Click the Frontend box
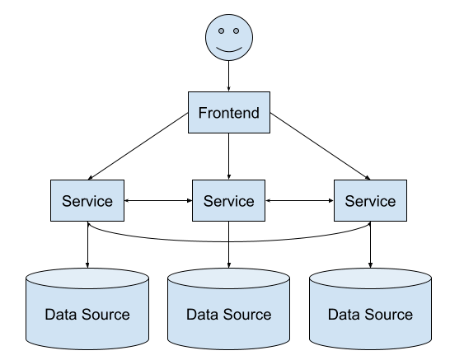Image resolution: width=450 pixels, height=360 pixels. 229,112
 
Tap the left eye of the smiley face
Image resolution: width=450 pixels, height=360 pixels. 221,30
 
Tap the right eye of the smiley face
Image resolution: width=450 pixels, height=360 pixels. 237,30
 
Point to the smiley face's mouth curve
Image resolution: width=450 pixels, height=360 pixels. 229,51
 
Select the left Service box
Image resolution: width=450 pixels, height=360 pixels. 87,200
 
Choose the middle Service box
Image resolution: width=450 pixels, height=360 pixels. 229,200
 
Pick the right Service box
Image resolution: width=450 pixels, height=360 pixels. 370,200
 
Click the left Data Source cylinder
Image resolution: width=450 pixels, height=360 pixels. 87,309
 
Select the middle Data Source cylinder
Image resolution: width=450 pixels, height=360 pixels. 229,309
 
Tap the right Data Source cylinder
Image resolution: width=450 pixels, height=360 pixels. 370,309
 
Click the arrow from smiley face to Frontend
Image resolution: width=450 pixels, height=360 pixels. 229,76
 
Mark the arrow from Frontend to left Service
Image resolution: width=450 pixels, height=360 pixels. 138,147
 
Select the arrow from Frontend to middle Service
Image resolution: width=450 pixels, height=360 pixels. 229,157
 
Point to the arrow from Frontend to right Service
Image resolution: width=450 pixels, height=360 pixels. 321,147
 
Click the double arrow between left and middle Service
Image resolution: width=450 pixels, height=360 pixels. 158,200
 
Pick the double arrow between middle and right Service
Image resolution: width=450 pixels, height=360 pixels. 299,200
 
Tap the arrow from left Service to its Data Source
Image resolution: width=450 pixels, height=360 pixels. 87,245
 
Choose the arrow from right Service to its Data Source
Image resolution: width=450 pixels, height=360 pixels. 370,245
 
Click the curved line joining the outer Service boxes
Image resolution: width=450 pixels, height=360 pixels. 229,241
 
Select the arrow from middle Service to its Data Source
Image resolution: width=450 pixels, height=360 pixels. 229,245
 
